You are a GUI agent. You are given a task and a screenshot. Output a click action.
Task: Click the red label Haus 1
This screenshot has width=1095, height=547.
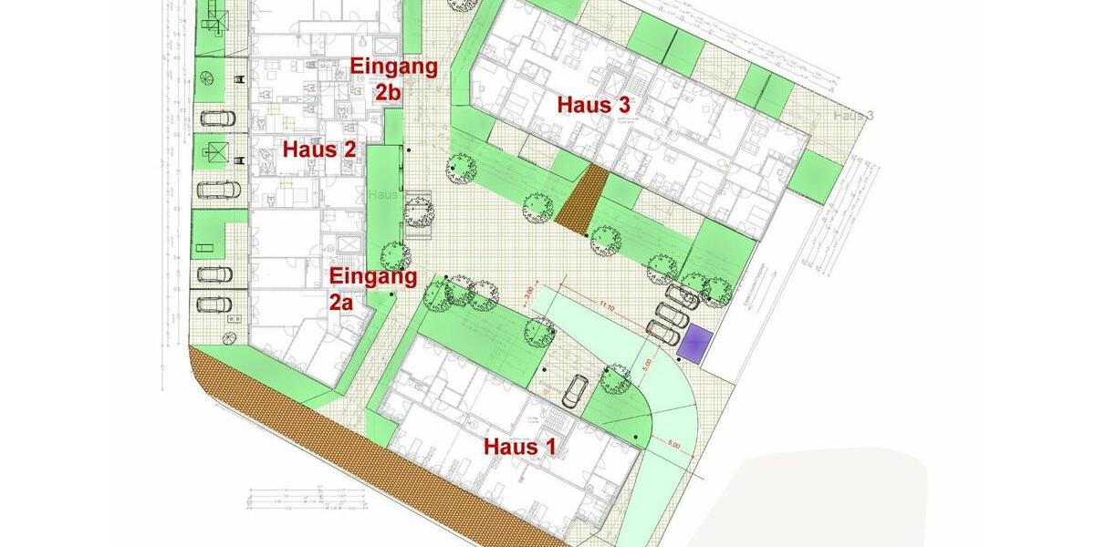tap(519, 447)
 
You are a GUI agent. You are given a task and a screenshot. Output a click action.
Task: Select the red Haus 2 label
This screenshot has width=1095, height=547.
tap(318, 150)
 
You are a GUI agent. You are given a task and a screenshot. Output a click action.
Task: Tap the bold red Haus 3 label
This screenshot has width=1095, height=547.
tap(595, 105)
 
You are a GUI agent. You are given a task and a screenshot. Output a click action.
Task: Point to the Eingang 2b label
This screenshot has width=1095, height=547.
tap(394, 78)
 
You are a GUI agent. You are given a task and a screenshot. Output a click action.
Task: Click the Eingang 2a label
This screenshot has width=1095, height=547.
tap(372, 289)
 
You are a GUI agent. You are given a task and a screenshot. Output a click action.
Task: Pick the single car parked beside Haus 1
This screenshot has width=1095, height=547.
tap(575, 391)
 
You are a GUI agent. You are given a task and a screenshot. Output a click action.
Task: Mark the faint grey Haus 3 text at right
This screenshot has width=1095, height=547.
tap(853, 115)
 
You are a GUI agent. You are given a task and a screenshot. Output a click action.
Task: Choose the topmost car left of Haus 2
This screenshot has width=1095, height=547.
tap(217, 118)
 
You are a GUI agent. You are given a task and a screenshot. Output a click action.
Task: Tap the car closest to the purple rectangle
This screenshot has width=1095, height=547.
tap(663, 334)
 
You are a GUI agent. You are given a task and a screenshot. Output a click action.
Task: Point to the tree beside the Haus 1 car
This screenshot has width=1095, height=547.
tap(616, 377)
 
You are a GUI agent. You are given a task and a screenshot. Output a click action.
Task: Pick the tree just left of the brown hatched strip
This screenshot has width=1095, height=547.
tap(537, 209)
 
